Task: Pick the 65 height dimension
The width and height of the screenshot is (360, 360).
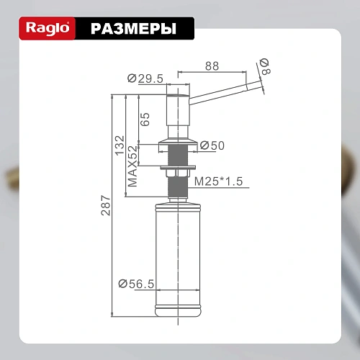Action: click(x=145, y=118)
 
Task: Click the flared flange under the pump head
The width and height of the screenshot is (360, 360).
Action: click(x=177, y=138)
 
